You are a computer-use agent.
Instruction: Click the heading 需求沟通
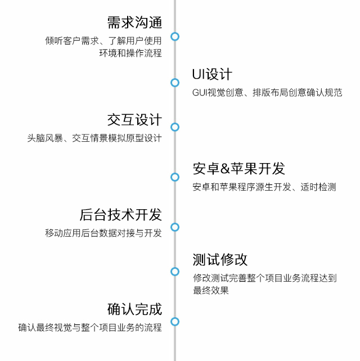[x=134, y=22]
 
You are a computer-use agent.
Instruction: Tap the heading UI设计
[x=212, y=75]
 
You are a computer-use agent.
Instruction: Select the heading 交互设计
[x=134, y=120]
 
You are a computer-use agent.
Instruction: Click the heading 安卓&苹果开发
[x=238, y=169]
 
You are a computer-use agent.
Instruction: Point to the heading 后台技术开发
[x=121, y=215]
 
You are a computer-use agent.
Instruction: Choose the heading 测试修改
[x=220, y=260]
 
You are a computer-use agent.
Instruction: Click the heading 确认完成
[x=134, y=309]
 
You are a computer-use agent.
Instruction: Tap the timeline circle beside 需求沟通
[x=175, y=37]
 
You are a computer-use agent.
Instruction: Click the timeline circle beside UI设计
[x=175, y=83]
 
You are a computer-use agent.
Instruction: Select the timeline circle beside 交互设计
[x=175, y=127]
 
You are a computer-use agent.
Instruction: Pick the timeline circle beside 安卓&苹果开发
[x=175, y=177]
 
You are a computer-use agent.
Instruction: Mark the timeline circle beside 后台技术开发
[x=175, y=227]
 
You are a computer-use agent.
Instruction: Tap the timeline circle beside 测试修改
[x=175, y=272]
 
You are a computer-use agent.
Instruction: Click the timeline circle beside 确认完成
[x=175, y=322]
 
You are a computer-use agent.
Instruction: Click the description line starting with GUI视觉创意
[x=267, y=93]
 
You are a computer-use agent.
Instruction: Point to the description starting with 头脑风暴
[x=94, y=138]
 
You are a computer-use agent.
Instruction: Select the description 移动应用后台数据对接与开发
[x=103, y=233]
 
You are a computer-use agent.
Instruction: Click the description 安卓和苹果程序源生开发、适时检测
[x=264, y=187]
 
